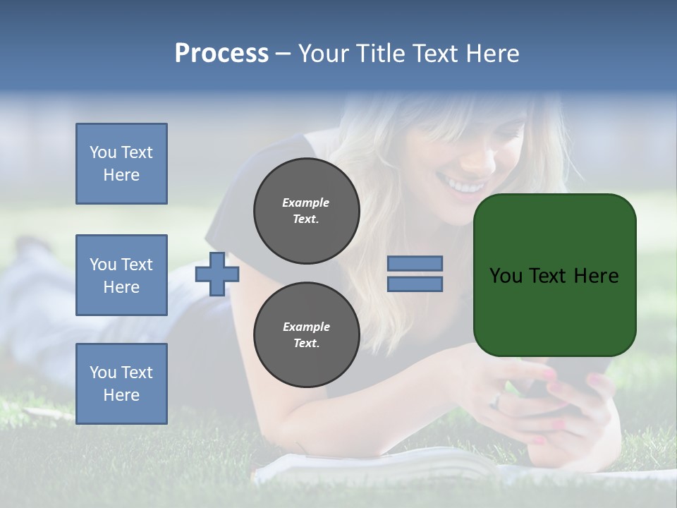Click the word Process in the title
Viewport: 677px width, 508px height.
221,54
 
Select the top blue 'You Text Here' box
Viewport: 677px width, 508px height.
121,164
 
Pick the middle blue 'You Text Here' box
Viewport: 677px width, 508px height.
121,275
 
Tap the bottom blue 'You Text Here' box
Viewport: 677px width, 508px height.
121,384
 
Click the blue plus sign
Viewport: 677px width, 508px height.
216,274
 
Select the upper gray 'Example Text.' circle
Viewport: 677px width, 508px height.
306,210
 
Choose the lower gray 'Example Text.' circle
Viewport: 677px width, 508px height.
306,335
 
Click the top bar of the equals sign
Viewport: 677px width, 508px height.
415,263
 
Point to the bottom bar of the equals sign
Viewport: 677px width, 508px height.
415,284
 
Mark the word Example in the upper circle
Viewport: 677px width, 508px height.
305,202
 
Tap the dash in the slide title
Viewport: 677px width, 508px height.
283,54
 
